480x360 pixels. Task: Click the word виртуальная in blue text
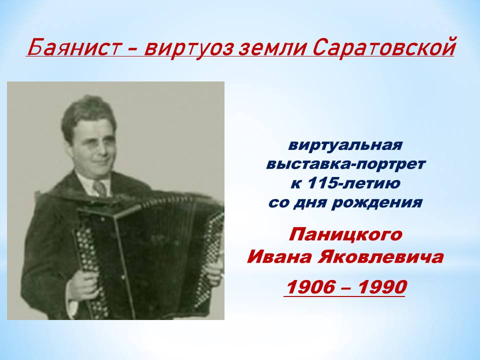click(x=344, y=145)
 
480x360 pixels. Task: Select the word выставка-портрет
click(x=345, y=164)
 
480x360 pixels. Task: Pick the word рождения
click(x=377, y=203)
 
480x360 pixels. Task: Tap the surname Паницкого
click(x=345, y=235)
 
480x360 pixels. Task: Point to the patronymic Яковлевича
click(x=380, y=257)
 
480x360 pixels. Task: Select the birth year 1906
click(x=310, y=287)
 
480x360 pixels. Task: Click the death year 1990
click(x=382, y=287)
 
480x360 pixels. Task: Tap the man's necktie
click(x=99, y=187)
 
